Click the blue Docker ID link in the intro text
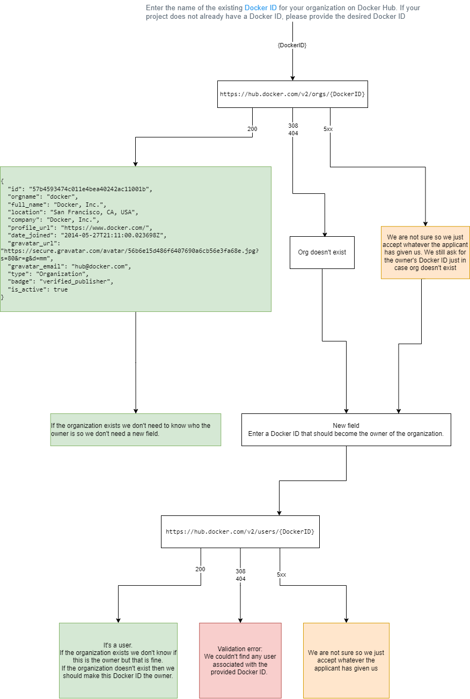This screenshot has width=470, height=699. click(261, 8)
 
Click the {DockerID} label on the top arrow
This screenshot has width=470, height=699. click(292, 46)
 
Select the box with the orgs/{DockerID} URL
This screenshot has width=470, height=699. click(292, 94)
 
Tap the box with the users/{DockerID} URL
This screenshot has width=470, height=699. click(240, 531)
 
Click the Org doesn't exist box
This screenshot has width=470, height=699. click(322, 252)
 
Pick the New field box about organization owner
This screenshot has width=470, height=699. click(346, 429)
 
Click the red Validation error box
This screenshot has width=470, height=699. click(240, 660)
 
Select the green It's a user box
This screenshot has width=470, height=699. click(118, 660)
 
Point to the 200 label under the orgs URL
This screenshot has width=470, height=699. click(252, 129)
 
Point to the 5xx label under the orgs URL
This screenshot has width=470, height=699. click(328, 129)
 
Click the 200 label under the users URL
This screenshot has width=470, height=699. click(200, 570)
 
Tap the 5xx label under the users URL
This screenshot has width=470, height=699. click(282, 574)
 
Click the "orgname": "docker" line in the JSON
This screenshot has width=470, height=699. click(43, 196)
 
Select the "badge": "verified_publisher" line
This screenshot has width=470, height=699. click(61, 281)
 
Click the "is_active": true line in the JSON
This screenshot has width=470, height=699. click(38, 289)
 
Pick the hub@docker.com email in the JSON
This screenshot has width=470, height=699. click(100, 266)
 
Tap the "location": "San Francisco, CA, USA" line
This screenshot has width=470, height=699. click(73, 212)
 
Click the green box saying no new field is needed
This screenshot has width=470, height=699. click(136, 429)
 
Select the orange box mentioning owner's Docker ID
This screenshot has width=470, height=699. click(425, 252)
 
